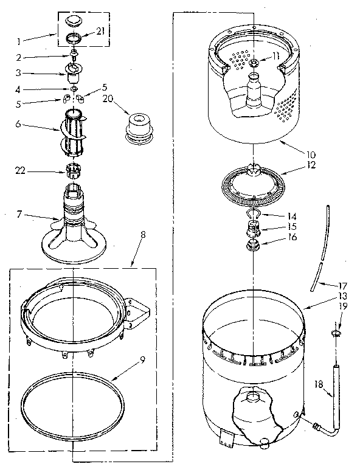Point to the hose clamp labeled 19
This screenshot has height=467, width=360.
(x=337, y=333)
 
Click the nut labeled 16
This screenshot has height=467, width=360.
(x=252, y=246)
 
